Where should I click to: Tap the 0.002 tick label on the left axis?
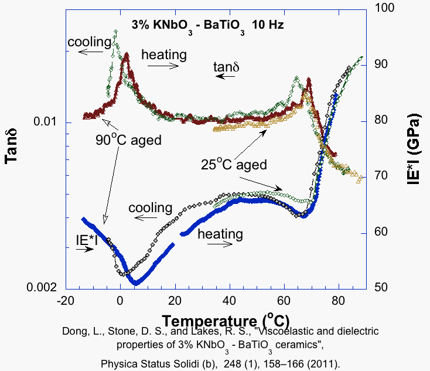click(42, 287)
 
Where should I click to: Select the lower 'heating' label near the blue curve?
click(220, 234)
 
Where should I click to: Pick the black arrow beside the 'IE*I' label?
click(84, 249)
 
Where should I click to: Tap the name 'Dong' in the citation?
click(74, 331)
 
